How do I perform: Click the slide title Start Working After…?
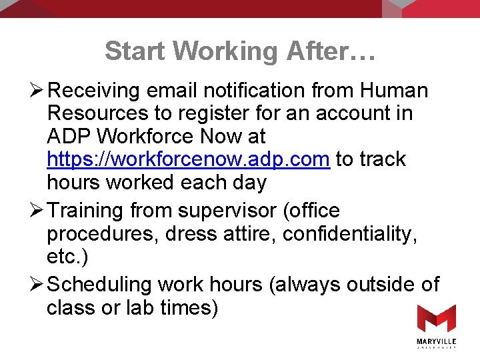point(240,51)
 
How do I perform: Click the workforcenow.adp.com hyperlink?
point(189,159)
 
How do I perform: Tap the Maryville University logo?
point(437,326)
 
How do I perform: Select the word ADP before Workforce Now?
point(69,137)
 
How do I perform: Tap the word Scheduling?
point(101,285)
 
